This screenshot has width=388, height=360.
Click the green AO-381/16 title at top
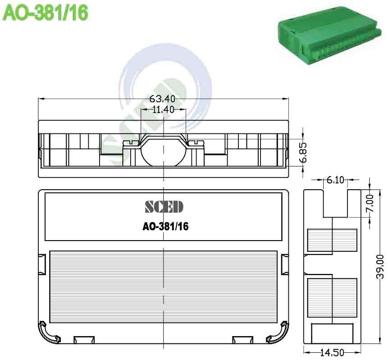point(45,12)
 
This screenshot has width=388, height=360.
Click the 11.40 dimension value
point(163,109)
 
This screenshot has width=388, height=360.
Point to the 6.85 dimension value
point(303,153)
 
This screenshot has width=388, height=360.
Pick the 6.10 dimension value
point(335,180)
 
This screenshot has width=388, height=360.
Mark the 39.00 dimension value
point(380,266)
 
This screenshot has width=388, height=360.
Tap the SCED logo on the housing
point(164,207)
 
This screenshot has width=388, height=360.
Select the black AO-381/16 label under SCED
point(165,227)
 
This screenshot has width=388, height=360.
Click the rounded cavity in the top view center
point(163,153)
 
